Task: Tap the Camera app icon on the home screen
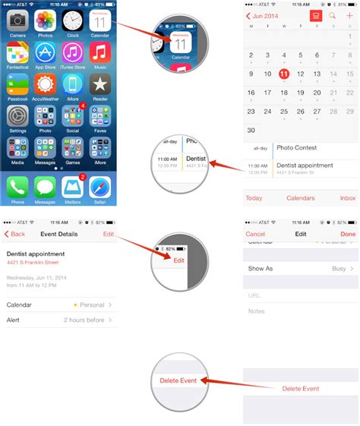[x=18, y=21]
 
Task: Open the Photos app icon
[x=46, y=21]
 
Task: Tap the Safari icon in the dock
[x=100, y=186]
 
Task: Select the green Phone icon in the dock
[x=18, y=186]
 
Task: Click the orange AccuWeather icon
[x=46, y=84]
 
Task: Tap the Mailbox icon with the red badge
[x=73, y=186]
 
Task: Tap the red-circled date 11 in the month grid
[x=284, y=74]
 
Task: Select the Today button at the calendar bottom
[x=254, y=198]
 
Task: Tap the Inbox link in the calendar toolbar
[x=348, y=198]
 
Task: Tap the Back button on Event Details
[x=14, y=234]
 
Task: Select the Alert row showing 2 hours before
[x=59, y=320]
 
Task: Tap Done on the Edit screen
[x=348, y=234]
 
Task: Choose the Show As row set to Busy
[x=301, y=269]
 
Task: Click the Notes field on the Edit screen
[x=301, y=311]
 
